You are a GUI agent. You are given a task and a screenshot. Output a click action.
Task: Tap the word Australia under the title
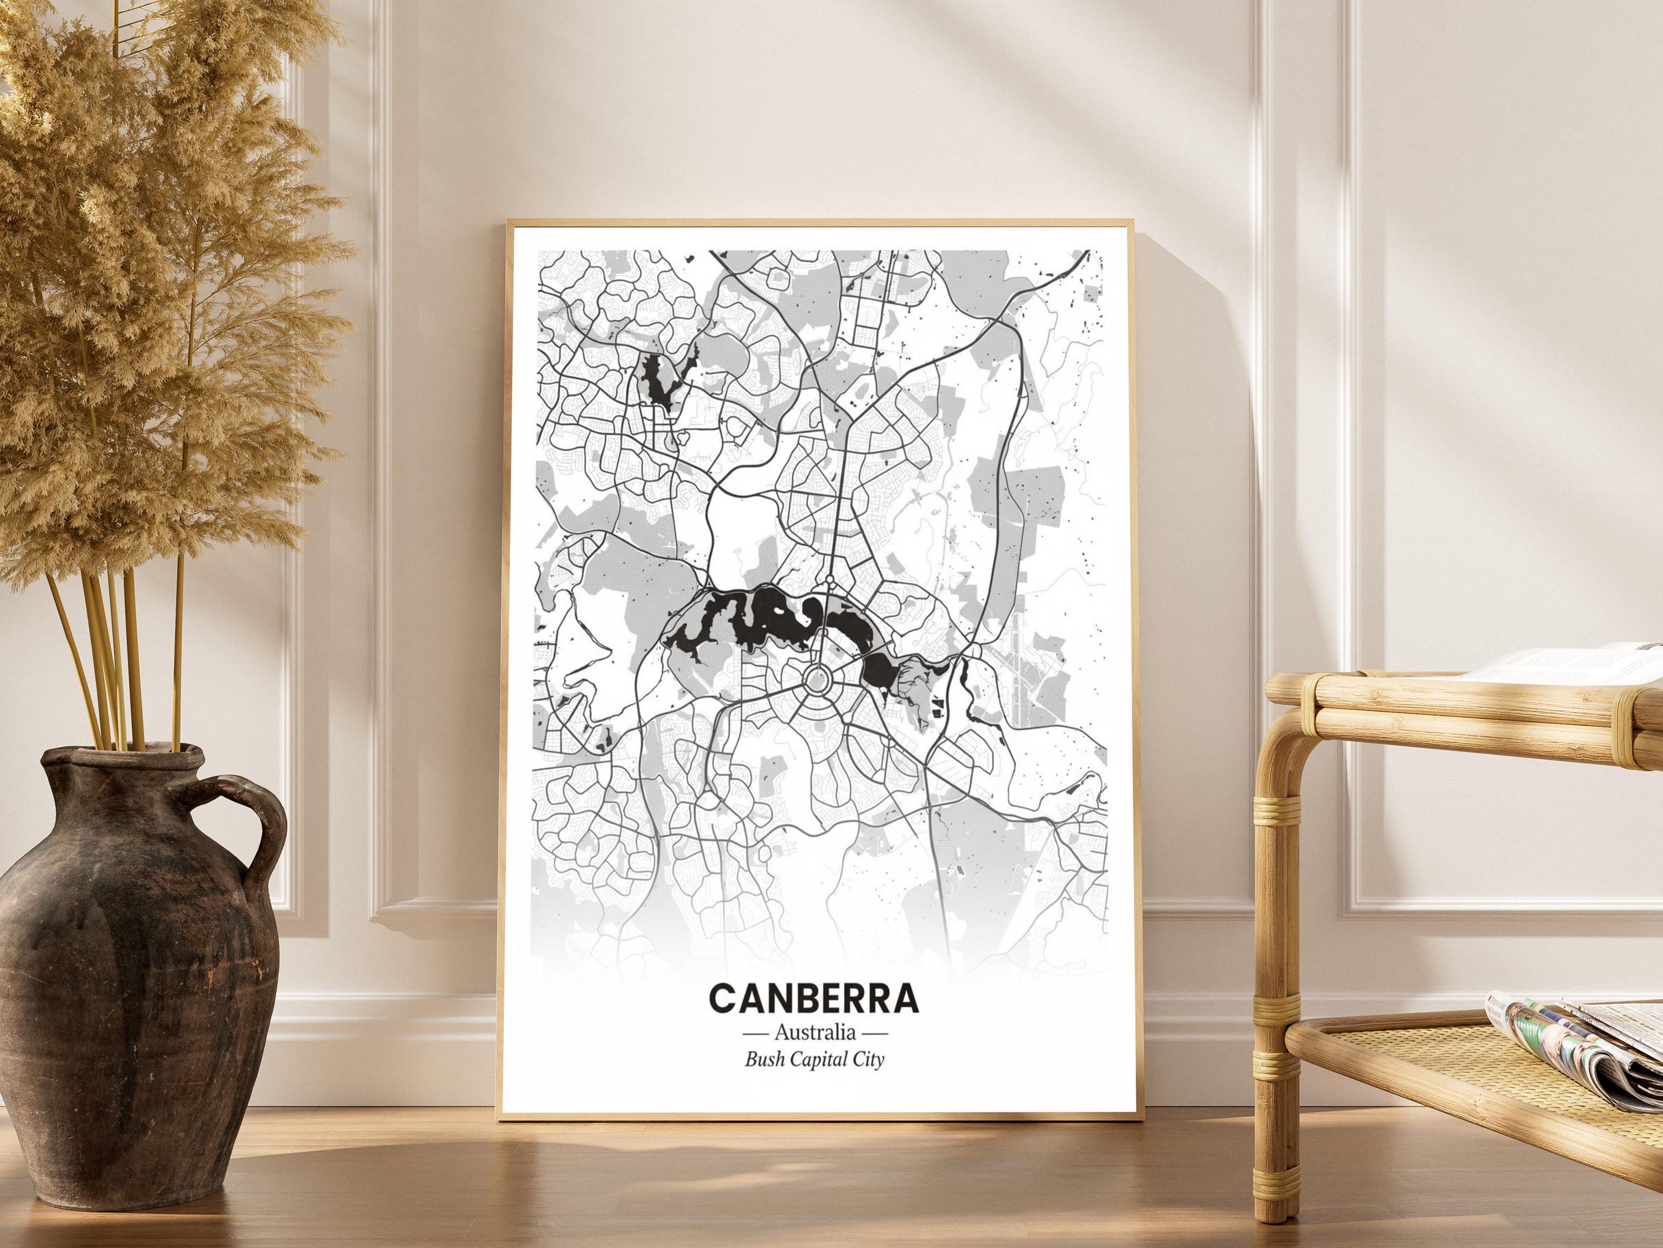coord(814,1031)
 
